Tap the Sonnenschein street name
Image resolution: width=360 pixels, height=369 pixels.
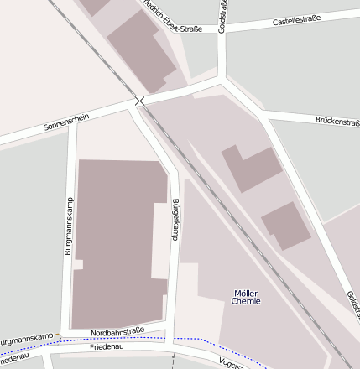[65, 125]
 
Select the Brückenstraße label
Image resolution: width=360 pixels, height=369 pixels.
[337, 121]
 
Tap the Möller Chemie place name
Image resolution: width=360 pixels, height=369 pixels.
[246, 296]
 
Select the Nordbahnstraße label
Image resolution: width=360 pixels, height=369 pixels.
[117, 330]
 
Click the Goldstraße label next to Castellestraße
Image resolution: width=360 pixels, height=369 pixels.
[222, 15]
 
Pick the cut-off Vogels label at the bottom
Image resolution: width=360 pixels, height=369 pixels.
[231, 362]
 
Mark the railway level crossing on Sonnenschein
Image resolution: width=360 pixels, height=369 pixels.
[139, 101]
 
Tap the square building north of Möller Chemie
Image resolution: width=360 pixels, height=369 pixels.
[285, 225]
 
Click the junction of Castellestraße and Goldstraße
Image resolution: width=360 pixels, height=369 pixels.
[222, 32]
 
